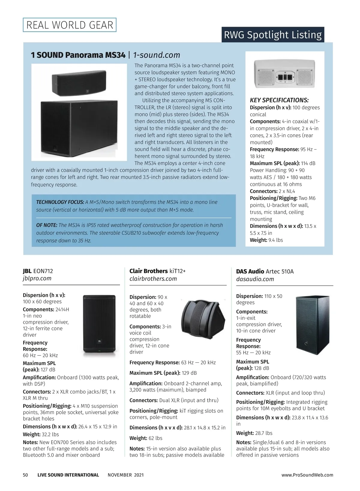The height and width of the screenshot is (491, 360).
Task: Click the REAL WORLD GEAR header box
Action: click(x=70, y=25)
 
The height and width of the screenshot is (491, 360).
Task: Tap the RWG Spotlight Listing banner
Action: click(x=273, y=35)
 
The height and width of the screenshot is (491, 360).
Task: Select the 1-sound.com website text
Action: click(x=156, y=55)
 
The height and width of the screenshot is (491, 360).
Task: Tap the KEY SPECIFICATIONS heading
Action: click(x=279, y=100)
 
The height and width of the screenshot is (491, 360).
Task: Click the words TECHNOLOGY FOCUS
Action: click(x=60, y=202)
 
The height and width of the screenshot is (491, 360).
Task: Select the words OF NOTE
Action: click(x=46, y=225)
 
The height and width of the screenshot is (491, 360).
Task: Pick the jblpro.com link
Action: click(x=37, y=278)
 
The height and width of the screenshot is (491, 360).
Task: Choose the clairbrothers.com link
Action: click(x=153, y=279)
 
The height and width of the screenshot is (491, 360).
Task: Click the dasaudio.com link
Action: click(x=255, y=279)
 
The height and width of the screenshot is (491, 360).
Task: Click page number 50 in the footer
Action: click(x=25, y=475)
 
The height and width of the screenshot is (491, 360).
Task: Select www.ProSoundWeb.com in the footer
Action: click(x=307, y=475)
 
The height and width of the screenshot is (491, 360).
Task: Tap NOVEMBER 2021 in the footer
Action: click(x=126, y=475)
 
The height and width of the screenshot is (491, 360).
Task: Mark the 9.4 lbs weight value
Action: click(x=275, y=240)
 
